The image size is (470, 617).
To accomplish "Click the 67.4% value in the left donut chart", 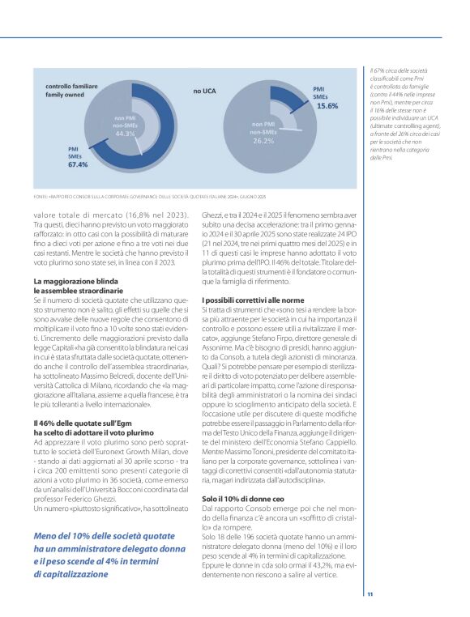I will (x=78, y=164).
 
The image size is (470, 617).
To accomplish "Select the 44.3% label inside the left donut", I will (x=125, y=134).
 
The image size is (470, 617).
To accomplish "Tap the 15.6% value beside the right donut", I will (x=327, y=106).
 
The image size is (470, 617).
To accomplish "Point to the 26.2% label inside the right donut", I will (x=263, y=140).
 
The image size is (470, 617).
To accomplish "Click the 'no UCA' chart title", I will (x=203, y=91).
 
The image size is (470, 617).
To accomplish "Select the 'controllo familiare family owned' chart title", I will (x=69, y=89).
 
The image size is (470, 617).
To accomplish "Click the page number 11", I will (x=370, y=595).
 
